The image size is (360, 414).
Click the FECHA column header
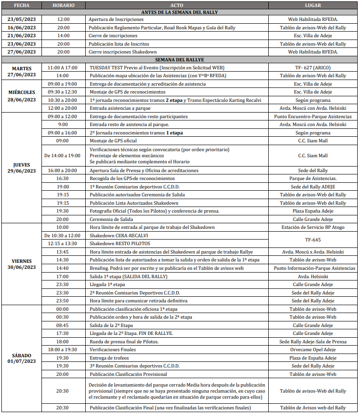tap(21, 5)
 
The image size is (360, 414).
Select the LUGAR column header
tap(312, 5)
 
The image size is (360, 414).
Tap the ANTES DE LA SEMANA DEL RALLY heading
tap(179, 12)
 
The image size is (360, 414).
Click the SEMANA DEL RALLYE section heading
tap(179, 60)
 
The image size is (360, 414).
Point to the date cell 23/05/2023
tap(21, 20)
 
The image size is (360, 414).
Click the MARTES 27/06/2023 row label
tap(21, 71)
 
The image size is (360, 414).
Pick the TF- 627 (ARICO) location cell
tap(312, 67)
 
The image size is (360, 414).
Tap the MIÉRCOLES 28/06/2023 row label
tap(21, 96)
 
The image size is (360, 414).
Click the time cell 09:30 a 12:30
tap(62, 92)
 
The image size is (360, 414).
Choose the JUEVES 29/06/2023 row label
tap(21, 167)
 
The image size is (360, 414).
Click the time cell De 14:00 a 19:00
tap(62, 155)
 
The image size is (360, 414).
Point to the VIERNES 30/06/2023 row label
tap(21, 264)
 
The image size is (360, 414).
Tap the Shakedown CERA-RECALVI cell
tap(115, 235)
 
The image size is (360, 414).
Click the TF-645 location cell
tap(312, 240)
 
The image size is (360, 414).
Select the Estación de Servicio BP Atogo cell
tap(312, 227)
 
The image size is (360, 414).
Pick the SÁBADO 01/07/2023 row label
tap(21, 358)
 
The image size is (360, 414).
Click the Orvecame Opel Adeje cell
tap(312, 349)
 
